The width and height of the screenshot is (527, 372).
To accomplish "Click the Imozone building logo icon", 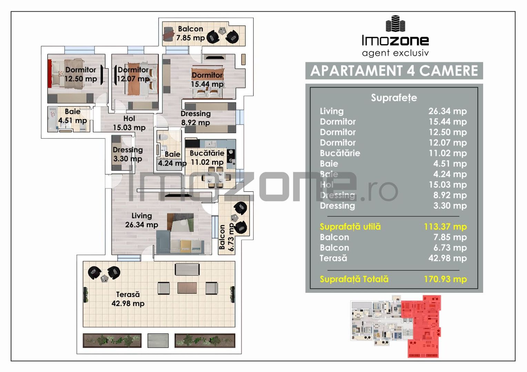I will [395, 23].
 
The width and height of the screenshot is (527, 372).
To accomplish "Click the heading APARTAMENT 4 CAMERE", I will [394, 71].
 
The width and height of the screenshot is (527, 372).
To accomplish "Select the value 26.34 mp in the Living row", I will [447, 111].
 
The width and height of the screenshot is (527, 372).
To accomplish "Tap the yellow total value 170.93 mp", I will [445, 279].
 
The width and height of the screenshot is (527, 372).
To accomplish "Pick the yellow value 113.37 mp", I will [445, 227].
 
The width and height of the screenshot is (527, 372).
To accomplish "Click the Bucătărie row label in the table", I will [340, 153].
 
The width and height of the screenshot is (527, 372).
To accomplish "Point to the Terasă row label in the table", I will [333, 258].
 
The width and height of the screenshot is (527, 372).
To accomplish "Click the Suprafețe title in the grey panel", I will [394, 98].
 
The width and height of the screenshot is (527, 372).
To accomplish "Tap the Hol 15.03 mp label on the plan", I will [129, 123].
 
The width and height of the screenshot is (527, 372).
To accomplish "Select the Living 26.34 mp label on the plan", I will [141, 220].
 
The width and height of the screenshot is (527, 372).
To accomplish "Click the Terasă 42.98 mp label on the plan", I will [128, 299].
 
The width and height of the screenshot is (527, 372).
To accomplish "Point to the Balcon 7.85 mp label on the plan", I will [190, 33].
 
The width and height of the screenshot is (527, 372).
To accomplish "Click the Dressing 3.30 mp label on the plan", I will [127, 154].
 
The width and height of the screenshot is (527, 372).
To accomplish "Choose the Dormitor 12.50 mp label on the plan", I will [80, 74].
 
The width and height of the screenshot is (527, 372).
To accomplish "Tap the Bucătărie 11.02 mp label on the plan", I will [207, 158].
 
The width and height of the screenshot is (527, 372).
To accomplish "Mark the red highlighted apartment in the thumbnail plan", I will [422, 325].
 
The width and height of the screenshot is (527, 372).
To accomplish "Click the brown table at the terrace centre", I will [187, 288].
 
